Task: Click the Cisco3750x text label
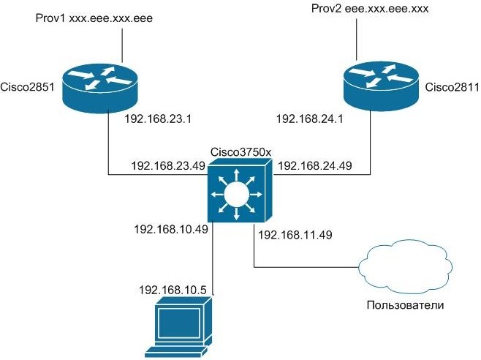[x=240, y=151]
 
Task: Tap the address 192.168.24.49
[x=315, y=166]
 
